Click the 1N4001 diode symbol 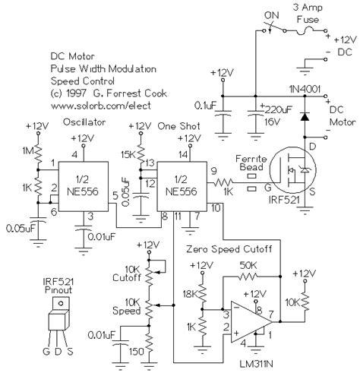305,117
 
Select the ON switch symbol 275,28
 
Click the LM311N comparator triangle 251,322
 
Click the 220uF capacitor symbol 255,112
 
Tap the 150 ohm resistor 149,344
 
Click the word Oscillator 84,122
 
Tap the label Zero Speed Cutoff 229,249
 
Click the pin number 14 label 182,154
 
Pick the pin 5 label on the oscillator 115,196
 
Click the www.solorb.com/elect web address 101,106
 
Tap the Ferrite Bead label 251,163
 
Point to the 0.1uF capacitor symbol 223,113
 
